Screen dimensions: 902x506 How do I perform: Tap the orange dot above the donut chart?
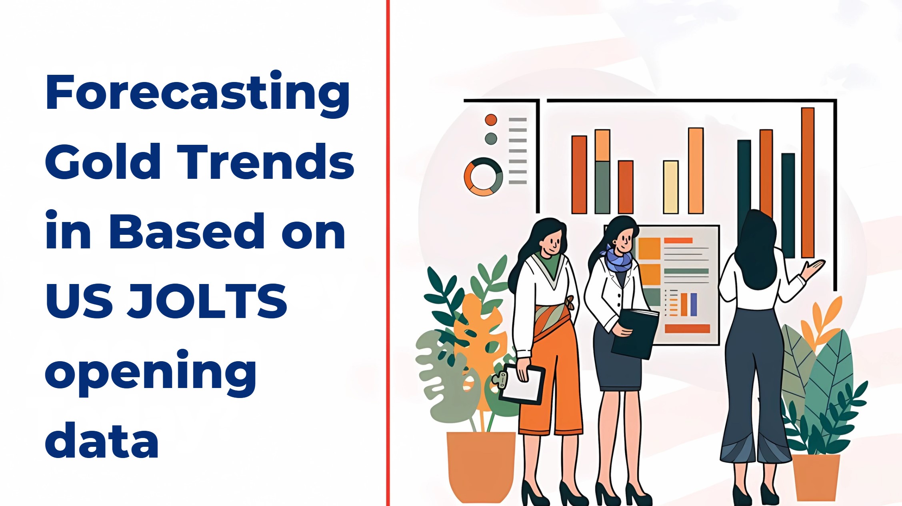click(491, 120)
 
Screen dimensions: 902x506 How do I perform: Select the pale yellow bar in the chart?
click(671, 187)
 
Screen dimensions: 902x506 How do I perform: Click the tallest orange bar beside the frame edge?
click(808, 183)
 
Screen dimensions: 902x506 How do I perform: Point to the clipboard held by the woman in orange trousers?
click(520, 383)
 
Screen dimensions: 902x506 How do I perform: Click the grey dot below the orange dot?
click(491, 139)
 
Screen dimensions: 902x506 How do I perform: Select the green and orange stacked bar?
click(602, 172)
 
